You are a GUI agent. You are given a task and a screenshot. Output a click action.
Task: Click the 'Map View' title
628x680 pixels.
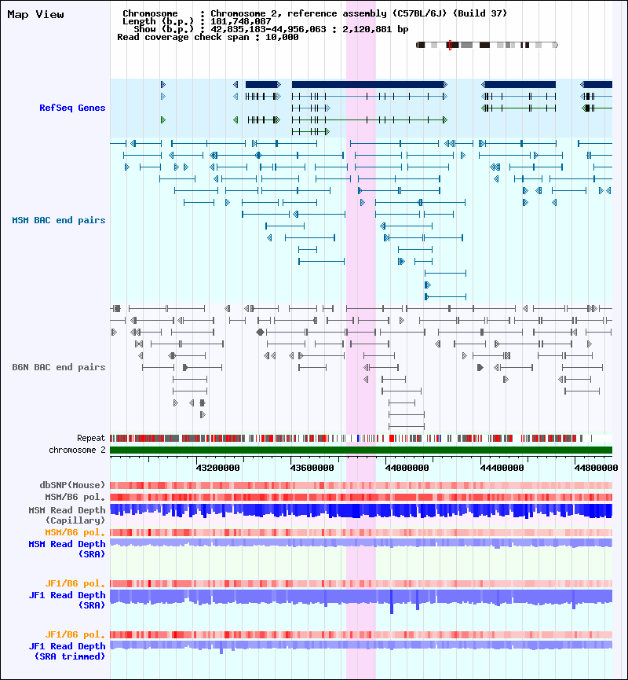tap(36, 14)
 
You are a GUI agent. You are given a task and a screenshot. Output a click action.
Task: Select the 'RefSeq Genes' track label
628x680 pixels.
tap(72, 108)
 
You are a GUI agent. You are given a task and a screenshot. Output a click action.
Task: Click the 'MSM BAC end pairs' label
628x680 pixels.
tap(59, 220)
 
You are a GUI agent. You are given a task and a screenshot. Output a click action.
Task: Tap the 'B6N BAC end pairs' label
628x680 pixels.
tap(59, 367)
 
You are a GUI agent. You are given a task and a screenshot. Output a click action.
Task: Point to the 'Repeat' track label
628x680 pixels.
tap(91, 438)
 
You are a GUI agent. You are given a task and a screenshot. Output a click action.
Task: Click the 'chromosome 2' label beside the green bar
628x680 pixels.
tap(77, 450)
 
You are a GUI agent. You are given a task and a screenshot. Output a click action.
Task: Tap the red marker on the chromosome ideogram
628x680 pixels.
tap(449, 45)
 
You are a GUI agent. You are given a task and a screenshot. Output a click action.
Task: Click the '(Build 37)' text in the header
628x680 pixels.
tap(480, 13)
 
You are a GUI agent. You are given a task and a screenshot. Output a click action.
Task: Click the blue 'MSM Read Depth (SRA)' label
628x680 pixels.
tap(67, 549)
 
